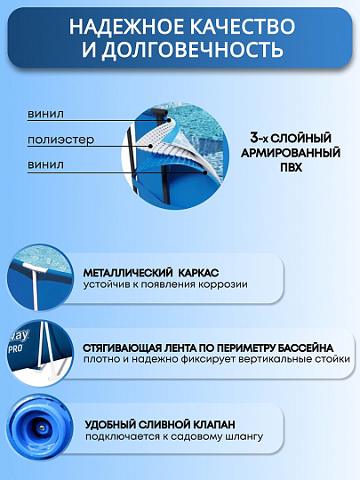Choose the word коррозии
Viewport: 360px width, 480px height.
tap(225, 284)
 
